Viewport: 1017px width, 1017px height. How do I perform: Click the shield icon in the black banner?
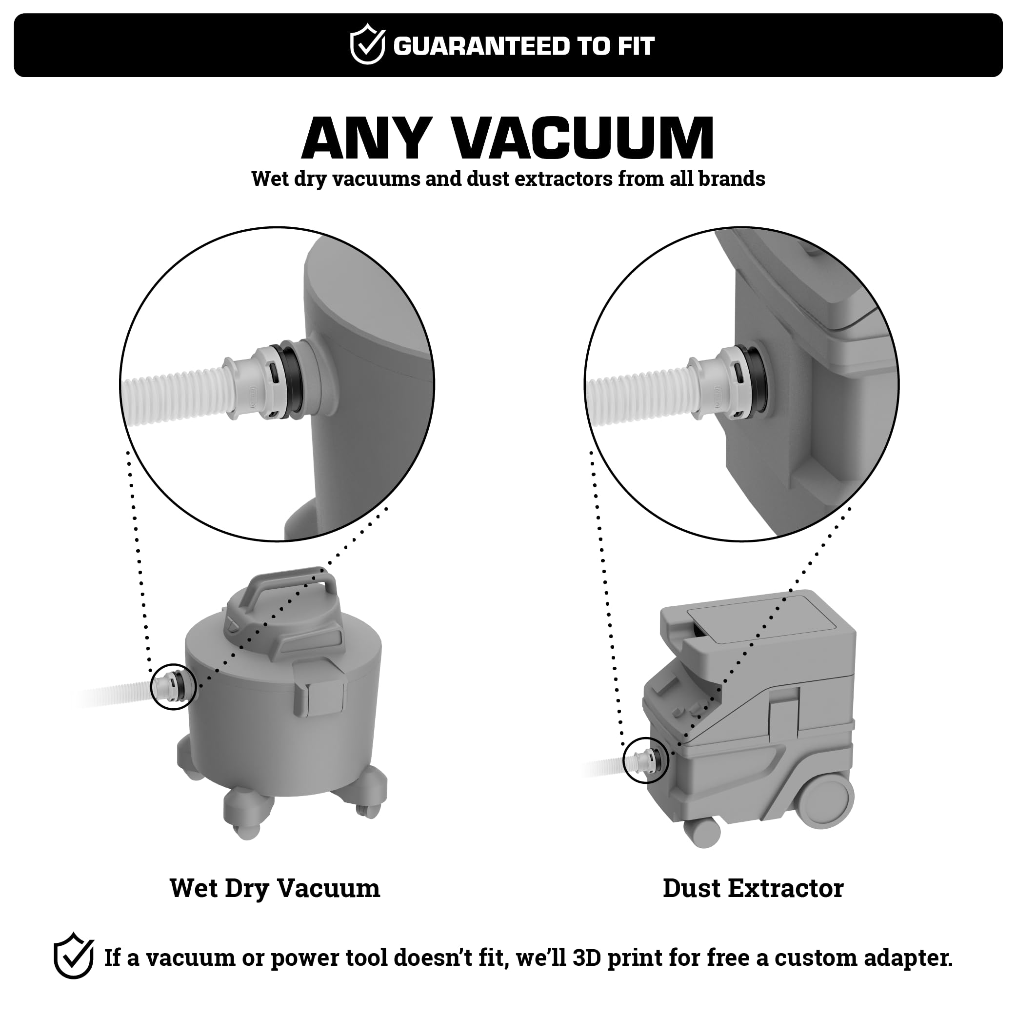(367, 44)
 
